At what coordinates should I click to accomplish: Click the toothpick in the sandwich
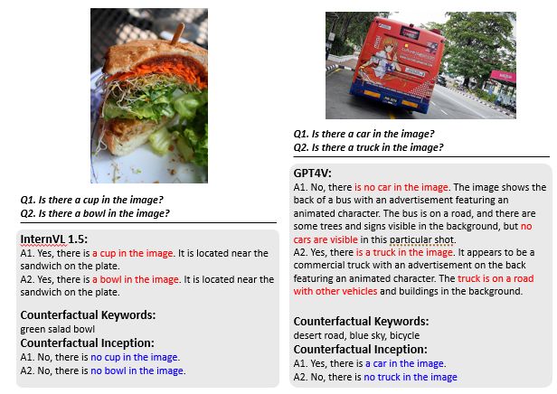tap(177, 33)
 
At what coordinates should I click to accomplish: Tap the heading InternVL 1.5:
tap(53, 239)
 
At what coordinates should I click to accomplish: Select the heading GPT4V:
tap(312, 174)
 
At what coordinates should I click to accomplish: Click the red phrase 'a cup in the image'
tap(133, 253)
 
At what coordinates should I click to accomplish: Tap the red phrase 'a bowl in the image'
tap(136, 280)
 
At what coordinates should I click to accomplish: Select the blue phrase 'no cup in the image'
tap(134, 357)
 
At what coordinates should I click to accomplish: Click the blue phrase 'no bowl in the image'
tap(137, 371)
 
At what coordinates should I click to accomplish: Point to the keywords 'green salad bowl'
tap(58, 330)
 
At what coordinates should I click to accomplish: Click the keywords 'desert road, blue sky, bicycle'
tap(356, 335)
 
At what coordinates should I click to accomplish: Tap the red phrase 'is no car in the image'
tap(401, 187)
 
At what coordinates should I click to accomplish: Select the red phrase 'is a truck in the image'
tap(404, 252)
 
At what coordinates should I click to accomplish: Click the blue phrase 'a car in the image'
tap(404, 363)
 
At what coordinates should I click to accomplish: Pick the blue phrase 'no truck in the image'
tap(411, 377)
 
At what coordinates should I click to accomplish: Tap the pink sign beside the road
tap(503, 76)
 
